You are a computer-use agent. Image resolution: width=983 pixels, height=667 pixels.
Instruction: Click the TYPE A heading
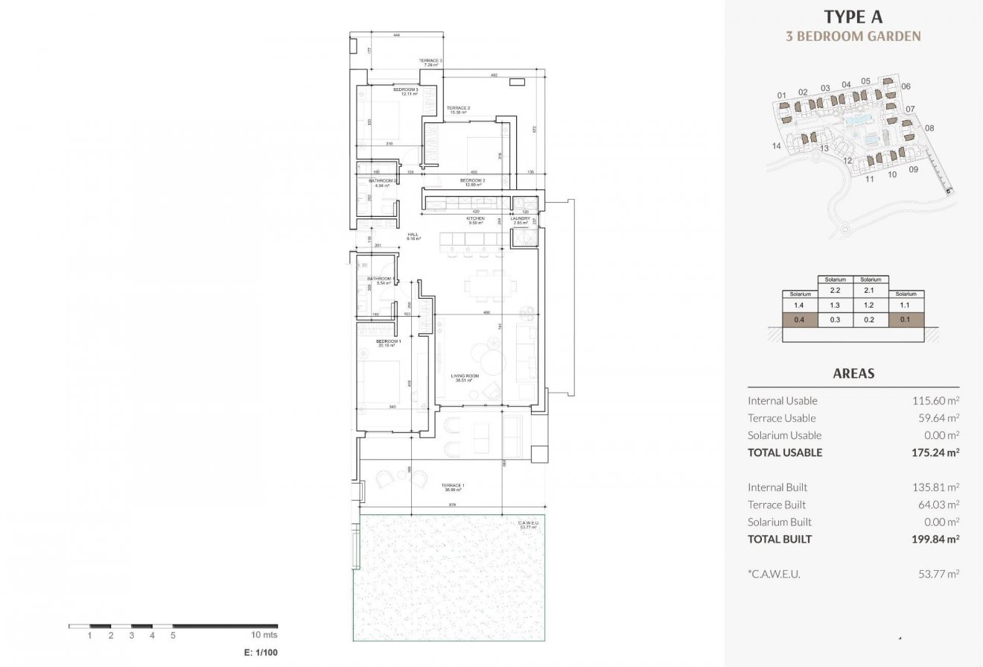point(853,16)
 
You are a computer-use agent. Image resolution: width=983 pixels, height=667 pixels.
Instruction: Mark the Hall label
point(413,236)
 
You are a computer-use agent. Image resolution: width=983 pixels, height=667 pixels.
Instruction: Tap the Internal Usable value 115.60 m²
point(935,400)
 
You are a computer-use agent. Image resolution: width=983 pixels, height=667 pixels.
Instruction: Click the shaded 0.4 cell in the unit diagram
point(799,320)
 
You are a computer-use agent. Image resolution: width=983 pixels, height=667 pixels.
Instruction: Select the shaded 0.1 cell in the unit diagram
point(906,320)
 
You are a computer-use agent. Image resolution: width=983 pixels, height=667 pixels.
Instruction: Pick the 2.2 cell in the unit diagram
point(835,290)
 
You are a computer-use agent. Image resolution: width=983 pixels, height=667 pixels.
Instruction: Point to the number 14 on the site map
point(777,146)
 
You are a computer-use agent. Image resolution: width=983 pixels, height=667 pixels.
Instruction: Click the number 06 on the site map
point(906,86)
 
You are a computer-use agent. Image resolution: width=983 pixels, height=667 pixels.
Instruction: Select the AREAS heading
point(853,373)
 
